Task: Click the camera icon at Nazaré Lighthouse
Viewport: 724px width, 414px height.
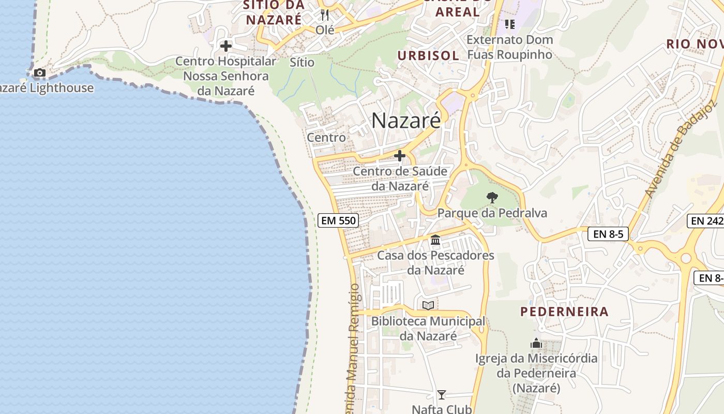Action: click(40, 73)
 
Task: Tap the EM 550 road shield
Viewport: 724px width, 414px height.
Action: click(338, 220)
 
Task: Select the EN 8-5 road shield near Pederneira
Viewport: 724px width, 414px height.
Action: click(608, 234)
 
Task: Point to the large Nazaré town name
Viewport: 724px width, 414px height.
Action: click(406, 121)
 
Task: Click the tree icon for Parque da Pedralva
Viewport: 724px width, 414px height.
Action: click(492, 197)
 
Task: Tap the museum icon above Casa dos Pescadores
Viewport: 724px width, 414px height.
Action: click(435, 240)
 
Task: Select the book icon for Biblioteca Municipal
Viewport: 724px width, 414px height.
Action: click(428, 306)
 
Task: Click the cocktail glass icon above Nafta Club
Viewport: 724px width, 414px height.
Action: click(441, 395)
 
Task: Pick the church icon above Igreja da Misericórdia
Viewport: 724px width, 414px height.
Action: click(536, 343)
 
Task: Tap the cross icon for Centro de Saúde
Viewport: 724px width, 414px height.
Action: click(400, 155)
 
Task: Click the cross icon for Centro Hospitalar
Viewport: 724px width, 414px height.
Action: click(226, 46)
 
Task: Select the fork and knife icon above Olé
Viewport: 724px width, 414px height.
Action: click(325, 14)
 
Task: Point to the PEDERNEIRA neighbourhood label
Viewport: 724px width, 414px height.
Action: click(564, 312)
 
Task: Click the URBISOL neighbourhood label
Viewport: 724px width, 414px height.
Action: click(428, 55)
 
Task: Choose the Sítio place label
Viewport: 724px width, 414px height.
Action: click(302, 62)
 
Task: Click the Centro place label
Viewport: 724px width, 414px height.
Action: click(326, 138)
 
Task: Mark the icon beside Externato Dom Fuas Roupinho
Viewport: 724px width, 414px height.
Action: click(510, 24)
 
